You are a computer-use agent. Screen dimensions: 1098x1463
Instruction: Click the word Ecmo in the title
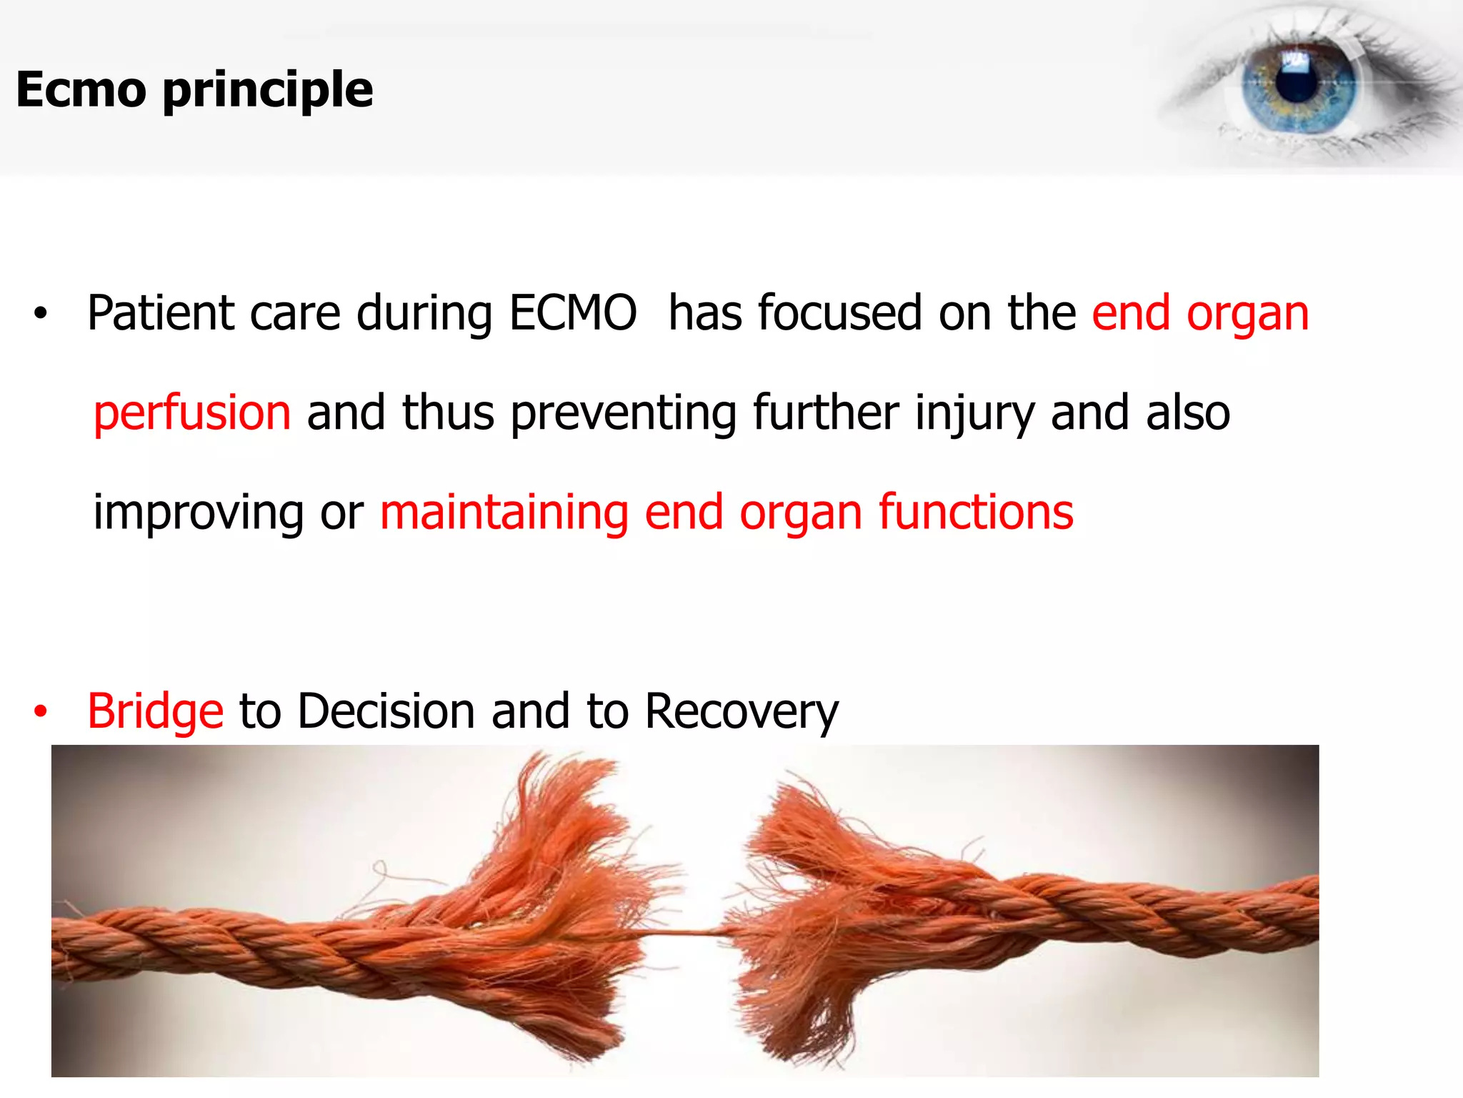pyautogui.click(x=81, y=90)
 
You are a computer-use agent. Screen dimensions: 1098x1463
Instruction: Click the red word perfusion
pyautogui.click(x=192, y=413)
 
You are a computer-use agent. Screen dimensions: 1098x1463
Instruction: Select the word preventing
pyautogui.click(x=624, y=413)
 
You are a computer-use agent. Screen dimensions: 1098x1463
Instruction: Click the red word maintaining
pyautogui.click(x=504, y=513)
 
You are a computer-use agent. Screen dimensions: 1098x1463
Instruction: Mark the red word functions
pyautogui.click(x=976, y=513)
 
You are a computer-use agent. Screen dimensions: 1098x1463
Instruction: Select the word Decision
pyautogui.click(x=386, y=711)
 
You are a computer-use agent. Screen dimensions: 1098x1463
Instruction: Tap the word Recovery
pyautogui.click(x=742, y=711)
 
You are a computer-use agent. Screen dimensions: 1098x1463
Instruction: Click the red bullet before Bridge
pyautogui.click(x=41, y=712)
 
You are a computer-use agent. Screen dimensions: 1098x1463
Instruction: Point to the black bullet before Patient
pyautogui.click(x=41, y=314)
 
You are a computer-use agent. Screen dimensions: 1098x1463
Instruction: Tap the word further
pyautogui.click(x=826, y=413)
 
